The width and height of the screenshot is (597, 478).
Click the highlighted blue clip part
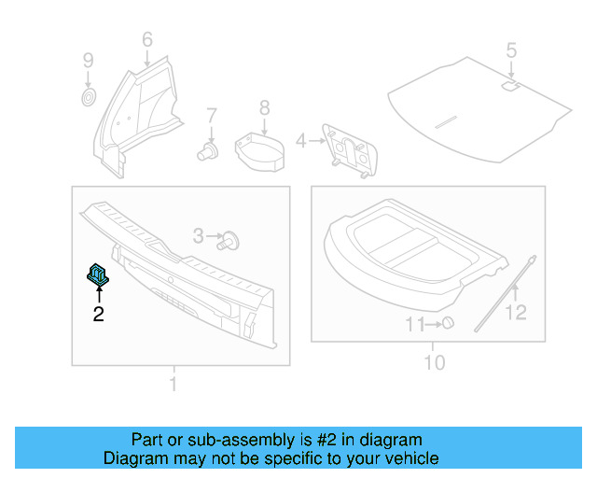[x=98, y=274]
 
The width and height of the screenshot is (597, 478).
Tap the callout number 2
[x=98, y=315]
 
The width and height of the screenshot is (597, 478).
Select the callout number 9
[x=88, y=61]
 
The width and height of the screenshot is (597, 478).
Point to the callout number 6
[x=146, y=39]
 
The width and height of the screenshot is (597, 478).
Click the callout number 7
[x=212, y=116]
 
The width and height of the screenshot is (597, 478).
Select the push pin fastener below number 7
[x=207, y=150]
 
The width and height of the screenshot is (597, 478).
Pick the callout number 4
[x=300, y=141]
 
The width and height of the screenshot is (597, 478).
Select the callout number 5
[x=510, y=49]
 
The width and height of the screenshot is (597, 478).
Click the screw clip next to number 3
[x=230, y=241]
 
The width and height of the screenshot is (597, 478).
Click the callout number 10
[x=435, y=362]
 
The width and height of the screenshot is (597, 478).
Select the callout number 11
[x=414, y=324]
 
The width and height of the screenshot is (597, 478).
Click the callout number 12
[x=516, y=313]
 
